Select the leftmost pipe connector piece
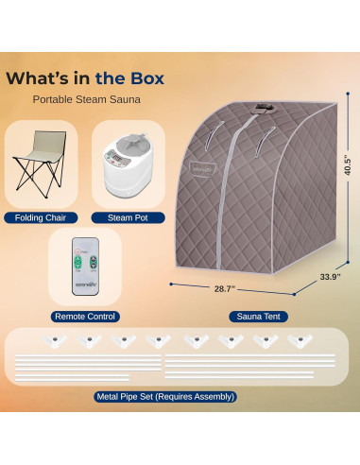pyautogui.click(x=52, y=339)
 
